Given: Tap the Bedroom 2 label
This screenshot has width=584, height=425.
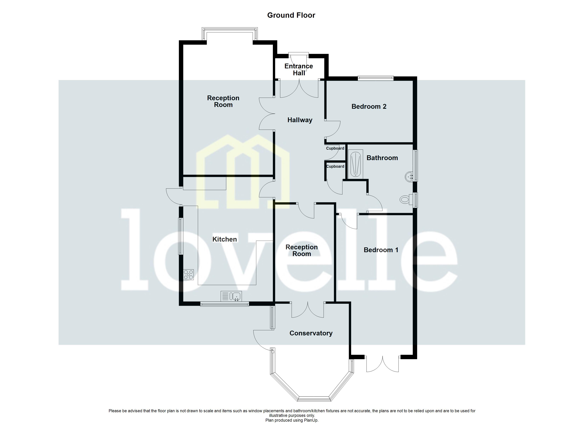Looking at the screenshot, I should pyautogui.click(x=369, y=106).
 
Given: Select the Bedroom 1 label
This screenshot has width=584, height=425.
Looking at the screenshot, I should pyautogui.click(x=381, y=250).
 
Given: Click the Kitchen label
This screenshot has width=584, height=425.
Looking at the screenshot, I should pyautogui.click(x=225, y=239).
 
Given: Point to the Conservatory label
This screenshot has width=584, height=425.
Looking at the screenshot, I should pyautogui.click(x=311, y=333).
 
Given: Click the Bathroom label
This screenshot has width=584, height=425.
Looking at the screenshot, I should pyautogui.click(x=382, y=158).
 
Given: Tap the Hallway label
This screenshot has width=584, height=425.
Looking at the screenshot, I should pyautogui.click(x=300, y=120).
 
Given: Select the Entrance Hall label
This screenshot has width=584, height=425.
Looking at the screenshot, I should pyautogui.click(x=299, y=70).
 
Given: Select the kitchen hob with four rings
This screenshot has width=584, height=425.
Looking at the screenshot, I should pyautogui.click(x=188, y=275).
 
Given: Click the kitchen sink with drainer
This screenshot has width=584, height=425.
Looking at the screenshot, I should pyautogui.click(x=231, y=296).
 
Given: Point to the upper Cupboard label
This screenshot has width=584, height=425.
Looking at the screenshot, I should pyautogui.click(x=335, y=148).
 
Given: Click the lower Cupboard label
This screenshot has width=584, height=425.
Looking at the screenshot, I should pyautogui.click(x=335, y=166).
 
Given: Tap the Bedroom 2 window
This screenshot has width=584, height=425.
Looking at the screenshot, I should pyautogui.click(x=375, y=78).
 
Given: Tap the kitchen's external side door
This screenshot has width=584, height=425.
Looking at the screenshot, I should pyautogui.click(x=173, y=196).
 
